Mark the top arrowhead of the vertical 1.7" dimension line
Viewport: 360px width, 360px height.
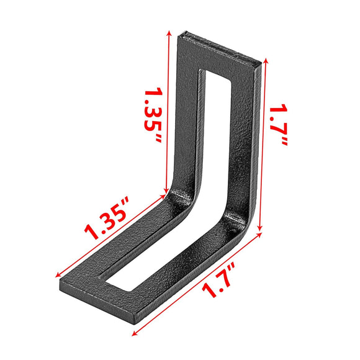[266, 60]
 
